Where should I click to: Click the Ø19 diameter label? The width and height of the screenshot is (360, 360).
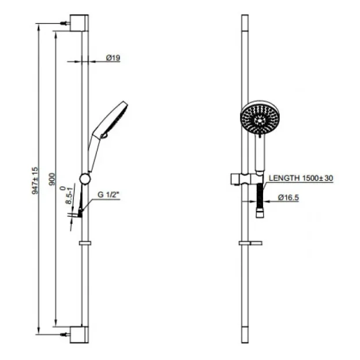[x=112, y=58]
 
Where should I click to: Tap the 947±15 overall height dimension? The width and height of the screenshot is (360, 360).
[x=35, y=179]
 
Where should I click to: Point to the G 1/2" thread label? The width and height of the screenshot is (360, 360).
[x=108, y=196]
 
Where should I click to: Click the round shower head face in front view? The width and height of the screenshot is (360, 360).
[x=260, y=119]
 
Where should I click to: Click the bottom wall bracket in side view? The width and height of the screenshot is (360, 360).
[x=79, y=335]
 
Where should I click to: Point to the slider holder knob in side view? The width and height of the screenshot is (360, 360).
[x=84, y=179]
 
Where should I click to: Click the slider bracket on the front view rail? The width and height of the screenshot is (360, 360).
[x=245, y=178]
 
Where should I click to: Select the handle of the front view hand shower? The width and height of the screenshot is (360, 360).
[x=260, y=153]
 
